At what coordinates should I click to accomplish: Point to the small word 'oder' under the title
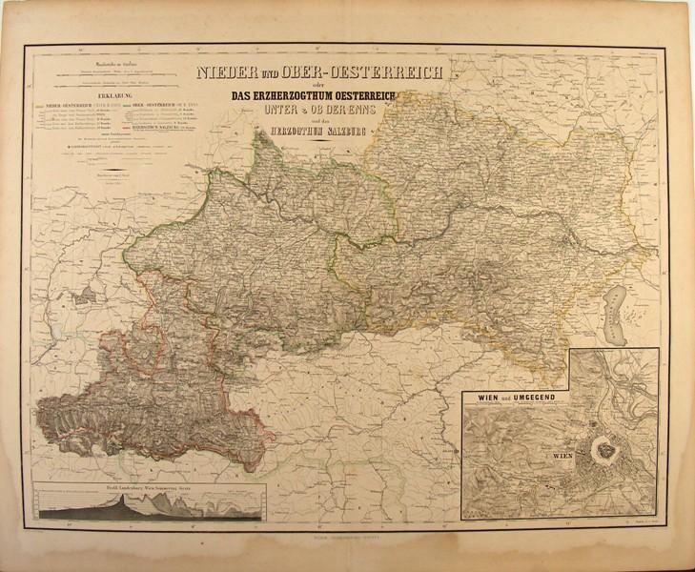(300, 84)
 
